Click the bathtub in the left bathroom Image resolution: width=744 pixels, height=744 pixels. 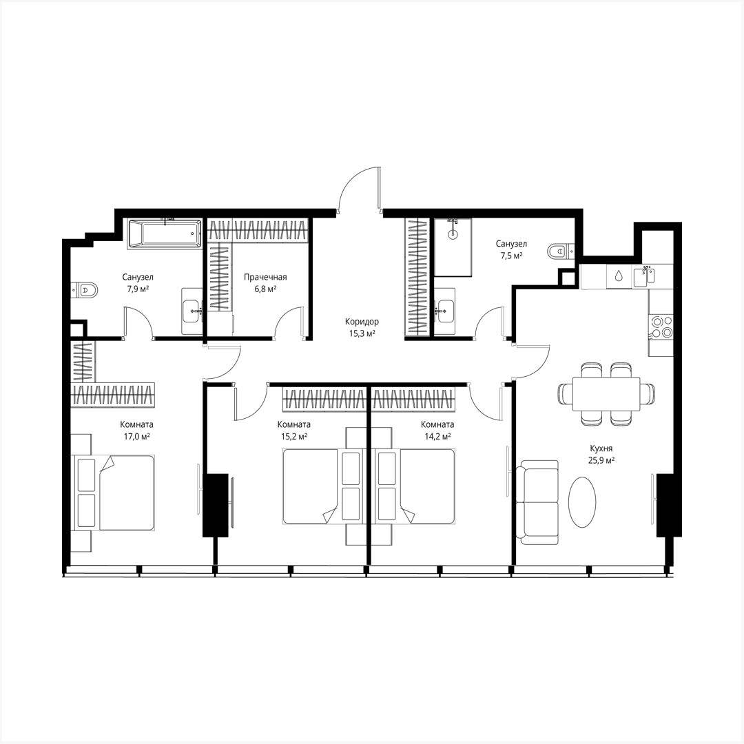[164, 234]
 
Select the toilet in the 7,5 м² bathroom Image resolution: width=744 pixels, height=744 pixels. [559, 251]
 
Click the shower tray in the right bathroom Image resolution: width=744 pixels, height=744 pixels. [453, 247]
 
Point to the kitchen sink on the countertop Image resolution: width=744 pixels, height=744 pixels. [646, 275]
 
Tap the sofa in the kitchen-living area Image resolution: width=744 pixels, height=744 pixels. [537, 502]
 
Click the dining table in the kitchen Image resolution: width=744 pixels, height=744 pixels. [606, 393]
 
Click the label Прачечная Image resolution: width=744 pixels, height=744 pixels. [265, 277]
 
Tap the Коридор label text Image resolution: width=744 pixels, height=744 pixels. [362, 322]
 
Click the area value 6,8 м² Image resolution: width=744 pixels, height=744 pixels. [265, 289]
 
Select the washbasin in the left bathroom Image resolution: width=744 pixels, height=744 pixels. [192, 311]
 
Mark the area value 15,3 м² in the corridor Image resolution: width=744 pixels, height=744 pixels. [362, 333]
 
